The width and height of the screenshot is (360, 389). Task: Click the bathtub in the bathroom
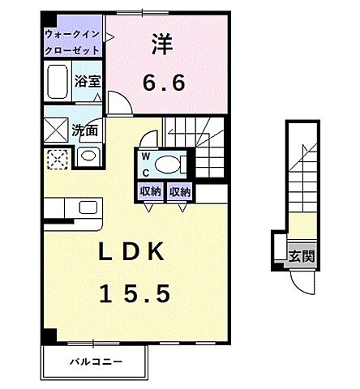click(x=58, y=83)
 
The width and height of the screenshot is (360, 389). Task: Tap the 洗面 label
click(x=85, y=129)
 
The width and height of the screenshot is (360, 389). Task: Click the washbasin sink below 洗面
click(x=88, y=156)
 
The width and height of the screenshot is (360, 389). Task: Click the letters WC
click(x=146, y=164)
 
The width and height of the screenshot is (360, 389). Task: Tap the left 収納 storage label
click(x=149, y=192)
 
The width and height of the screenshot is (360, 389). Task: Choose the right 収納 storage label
click(x=180, y=192)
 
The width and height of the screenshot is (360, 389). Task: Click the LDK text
click(x=131, y=254)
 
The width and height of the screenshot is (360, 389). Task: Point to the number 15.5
click(x=135, y=293)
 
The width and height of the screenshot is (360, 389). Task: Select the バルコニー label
click(x=95, y=359)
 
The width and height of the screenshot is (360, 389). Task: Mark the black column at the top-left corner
click(x=49, y=19)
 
